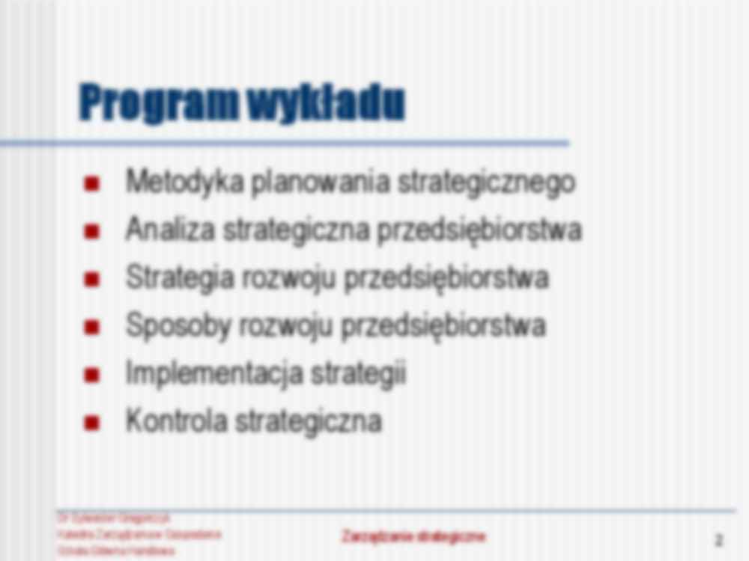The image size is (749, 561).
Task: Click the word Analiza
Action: click(x=170, y=230)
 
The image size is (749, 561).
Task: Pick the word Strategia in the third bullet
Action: click(x=180, y=278)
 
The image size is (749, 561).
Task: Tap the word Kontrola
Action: click(x=176, y=420)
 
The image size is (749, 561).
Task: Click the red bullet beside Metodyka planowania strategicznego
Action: click(x=92, y=184)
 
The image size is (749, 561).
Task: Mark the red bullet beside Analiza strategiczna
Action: click(x=92, y=231)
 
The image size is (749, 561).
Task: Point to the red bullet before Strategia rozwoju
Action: click(x=92, y=279)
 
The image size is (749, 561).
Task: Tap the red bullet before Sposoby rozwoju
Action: click(x=92, y=327)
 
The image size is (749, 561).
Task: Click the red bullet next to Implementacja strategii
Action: click(x=92, y=375)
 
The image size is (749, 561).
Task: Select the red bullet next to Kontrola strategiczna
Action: click(x=92, y=423)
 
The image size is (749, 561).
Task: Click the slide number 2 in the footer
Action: click(x=719, y=540)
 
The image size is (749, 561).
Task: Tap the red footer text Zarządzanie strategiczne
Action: click(x=414, y=536)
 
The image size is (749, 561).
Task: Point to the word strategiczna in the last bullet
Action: click(x=309, y=421)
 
